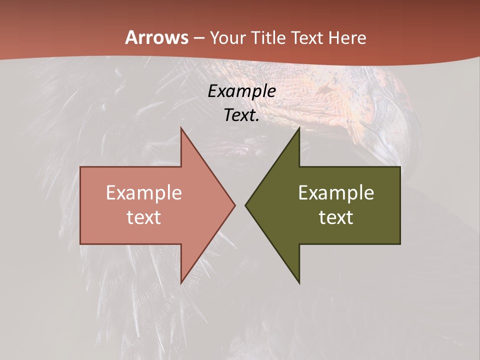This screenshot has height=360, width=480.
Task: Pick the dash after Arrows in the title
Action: [198, 38]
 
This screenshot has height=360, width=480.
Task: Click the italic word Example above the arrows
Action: [241, 91]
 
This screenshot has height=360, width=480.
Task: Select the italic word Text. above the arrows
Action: [241, 115]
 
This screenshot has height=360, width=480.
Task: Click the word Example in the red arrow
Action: [144, 193]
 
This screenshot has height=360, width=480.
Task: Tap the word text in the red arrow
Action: [144, 217]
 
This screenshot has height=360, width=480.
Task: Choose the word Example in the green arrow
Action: [336, 193]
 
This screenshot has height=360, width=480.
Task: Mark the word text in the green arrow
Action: [336, 217]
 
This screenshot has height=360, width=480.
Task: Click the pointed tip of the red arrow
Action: [235, 205]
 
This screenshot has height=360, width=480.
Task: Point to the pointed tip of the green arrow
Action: [245, 205]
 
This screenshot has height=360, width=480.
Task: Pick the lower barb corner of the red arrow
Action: [181, 283]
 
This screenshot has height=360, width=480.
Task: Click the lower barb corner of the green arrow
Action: [299, 283]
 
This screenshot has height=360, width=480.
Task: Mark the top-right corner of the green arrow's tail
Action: [400, 167]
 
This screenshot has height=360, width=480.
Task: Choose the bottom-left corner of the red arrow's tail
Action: [80, 244]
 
